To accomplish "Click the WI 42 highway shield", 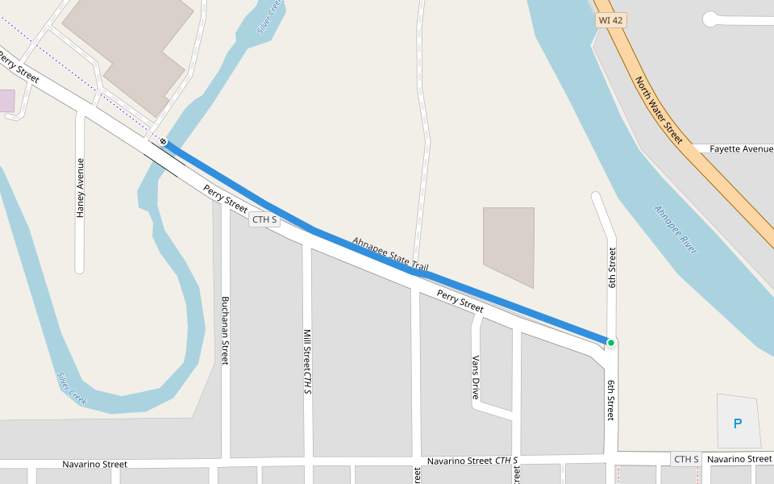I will tap(611, 20).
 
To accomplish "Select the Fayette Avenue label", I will tap(741, 149).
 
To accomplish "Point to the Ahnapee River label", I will tap(675, 230).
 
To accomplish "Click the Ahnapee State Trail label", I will tap(390, 254).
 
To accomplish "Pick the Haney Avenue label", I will tap(80, 188).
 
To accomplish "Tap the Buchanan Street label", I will tap(225, 330).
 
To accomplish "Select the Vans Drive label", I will tap(476, 378).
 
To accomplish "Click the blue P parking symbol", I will tap(737, 423).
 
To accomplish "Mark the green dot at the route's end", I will tap(611, 343).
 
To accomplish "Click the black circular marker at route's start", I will tap(163, 142).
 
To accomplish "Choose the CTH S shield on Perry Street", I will tap(264, 219).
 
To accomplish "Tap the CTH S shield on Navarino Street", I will tap(686, 459).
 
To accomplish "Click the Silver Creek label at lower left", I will tap(71, 387).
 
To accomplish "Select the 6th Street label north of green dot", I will tap(613, 268).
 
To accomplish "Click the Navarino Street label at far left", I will tap(95, 465).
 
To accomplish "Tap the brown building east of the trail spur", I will tap(509, 246).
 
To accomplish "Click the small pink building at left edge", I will tap(6, 101).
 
